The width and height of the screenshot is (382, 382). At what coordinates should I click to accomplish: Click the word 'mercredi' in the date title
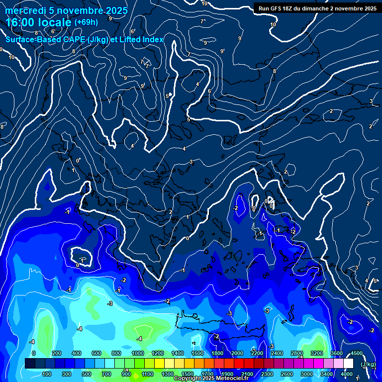[x=23, y=10]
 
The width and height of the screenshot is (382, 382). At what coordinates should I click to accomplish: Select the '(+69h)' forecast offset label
[x=86, y=22]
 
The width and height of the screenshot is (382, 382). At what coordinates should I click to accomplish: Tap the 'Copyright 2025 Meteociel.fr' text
[x=211, y=379]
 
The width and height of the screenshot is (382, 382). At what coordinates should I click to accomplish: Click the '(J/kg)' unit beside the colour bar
[x=368, y=365]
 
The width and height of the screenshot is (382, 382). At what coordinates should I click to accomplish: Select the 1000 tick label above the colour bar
[x=138, y=353]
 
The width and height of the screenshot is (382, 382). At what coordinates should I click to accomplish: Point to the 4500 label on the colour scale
[x=356, y=353]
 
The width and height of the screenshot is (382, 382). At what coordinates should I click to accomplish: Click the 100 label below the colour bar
[x=47, y=374]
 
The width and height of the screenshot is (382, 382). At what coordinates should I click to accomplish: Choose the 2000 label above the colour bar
[x=237, y=353]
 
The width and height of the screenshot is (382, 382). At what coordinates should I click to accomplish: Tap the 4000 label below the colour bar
[x=347, y=374]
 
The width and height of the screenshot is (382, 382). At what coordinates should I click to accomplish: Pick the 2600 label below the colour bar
[x=286, y=374]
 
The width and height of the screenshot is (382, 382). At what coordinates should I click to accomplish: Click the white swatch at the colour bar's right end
[x=348, y=364]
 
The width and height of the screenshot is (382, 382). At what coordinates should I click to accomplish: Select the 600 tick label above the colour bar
[x=96, y=353]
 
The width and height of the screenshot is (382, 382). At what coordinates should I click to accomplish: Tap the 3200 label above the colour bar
[x=316, y=353]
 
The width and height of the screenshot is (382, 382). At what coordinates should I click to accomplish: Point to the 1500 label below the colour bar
[x=187, y=374]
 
